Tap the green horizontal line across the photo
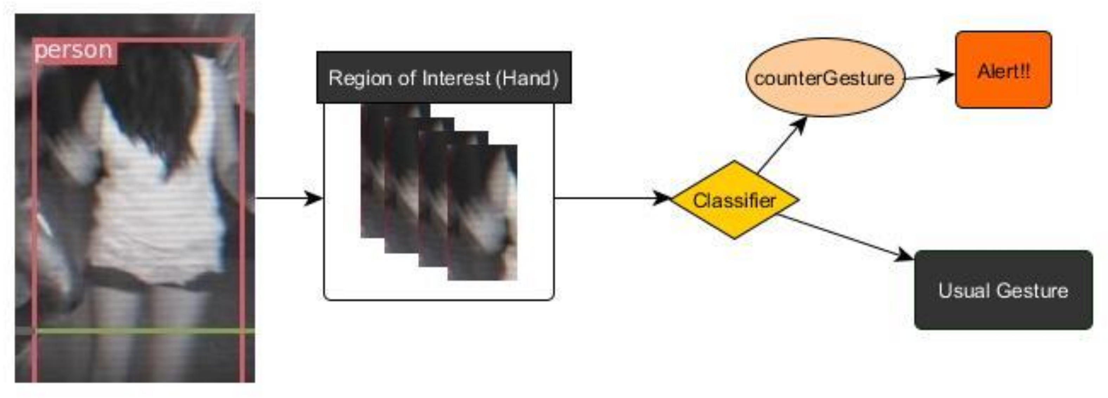[142, 330]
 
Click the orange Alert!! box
[1003, 70]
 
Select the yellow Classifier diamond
[735, 200]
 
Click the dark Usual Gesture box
[1003, 290]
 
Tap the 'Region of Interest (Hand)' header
[444, 78]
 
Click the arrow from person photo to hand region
[288, 198]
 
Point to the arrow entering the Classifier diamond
[611, 198]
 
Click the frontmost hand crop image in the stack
[482, 213]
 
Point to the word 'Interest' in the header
[456, 78]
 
